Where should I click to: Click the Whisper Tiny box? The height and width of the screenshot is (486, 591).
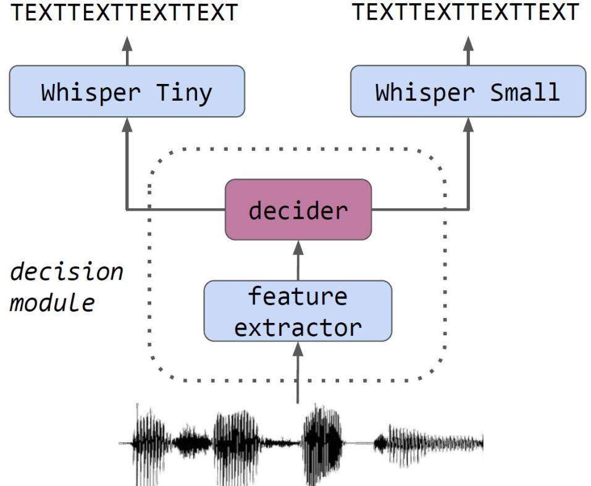[127, 91]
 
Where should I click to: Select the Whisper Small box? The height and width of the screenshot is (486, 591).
[467, 91]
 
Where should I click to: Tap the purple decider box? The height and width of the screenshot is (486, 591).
[298, 210]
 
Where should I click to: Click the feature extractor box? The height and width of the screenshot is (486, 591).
[298, 311]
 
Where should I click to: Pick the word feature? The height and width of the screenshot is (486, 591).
[298, 296]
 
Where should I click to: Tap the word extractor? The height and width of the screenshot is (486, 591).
[298, 327]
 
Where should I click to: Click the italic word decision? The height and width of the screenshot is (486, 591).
[67, 272]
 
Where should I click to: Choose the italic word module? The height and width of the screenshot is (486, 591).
[53, 303]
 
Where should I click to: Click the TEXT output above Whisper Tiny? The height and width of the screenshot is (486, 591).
[124, 13]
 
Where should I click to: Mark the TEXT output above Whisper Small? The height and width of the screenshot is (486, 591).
[466, 13]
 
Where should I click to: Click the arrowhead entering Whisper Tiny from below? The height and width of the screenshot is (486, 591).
[127, 124]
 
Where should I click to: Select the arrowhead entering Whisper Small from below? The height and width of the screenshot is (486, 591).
[468, 124]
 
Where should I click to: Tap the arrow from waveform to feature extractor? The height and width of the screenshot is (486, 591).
[298, 374]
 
